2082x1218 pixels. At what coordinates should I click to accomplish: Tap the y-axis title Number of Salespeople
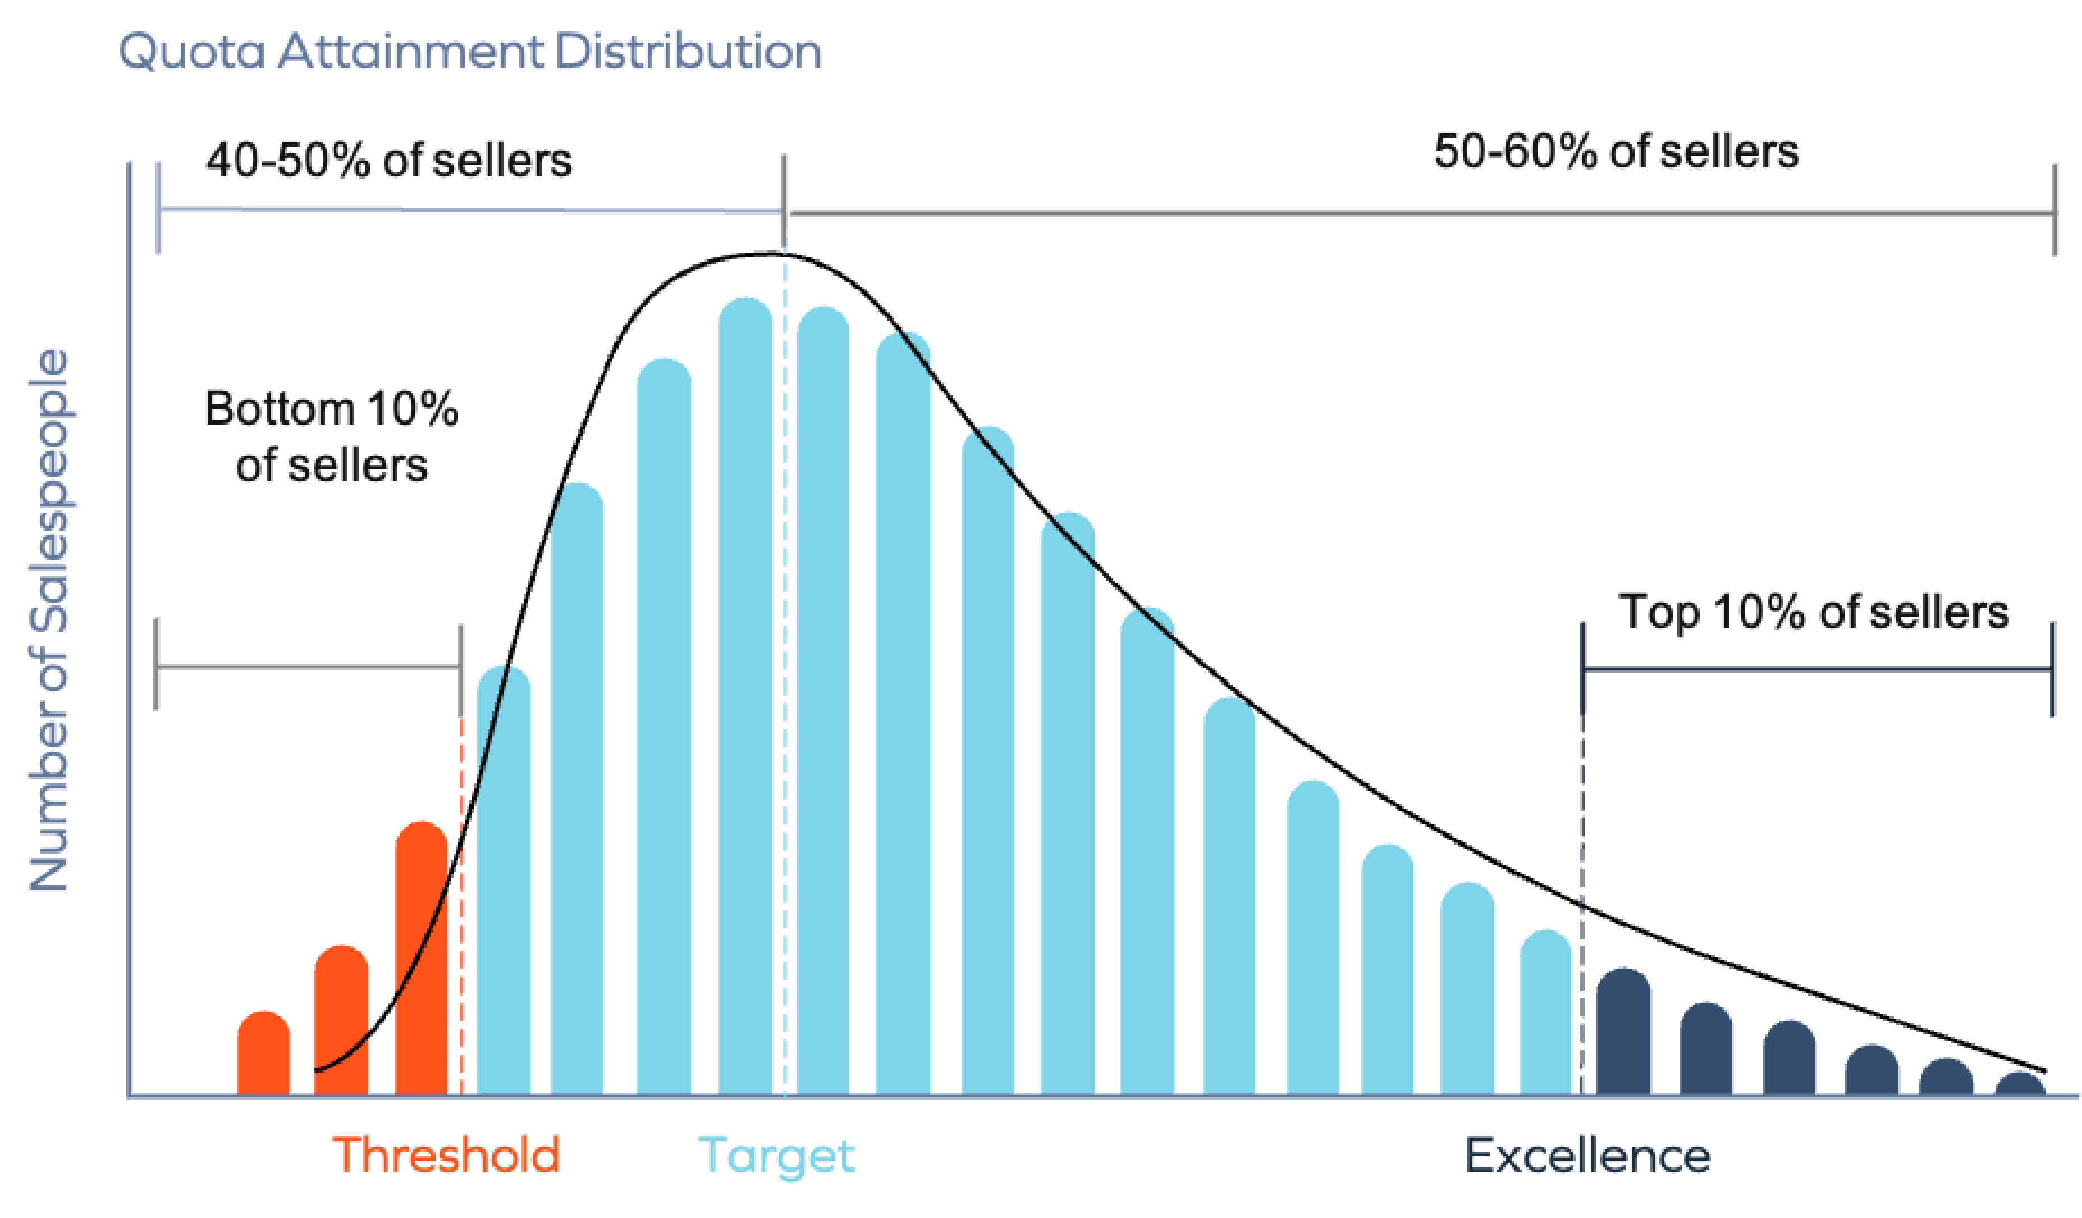point(49,620)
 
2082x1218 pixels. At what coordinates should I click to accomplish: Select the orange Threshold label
point(446,1155)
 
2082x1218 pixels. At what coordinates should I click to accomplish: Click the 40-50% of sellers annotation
point(388,159)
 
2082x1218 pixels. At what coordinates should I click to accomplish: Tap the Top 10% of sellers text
point(1814,612)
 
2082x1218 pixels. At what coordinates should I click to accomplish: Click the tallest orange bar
point(422,959)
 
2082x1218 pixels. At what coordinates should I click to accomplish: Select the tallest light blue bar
point(745,694)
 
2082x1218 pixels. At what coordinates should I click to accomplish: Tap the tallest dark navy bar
point(1623,1033)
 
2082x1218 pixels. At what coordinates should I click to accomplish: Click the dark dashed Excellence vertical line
point(1582,827)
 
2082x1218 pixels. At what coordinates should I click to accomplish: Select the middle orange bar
point(342,1020)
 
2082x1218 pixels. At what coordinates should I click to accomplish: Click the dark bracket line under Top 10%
point(1818,668)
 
